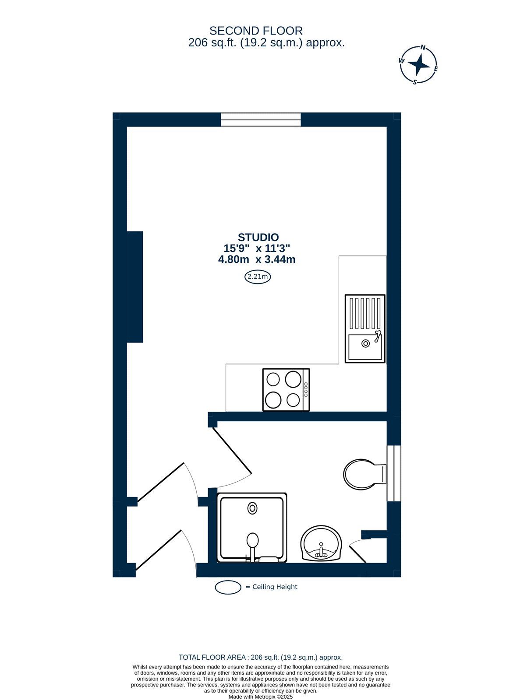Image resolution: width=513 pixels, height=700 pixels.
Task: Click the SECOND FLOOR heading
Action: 256,31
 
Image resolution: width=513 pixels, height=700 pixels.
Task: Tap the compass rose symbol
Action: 418,65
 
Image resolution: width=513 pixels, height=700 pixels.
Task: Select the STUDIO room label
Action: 258,237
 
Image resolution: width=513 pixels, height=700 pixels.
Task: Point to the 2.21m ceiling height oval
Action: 257,276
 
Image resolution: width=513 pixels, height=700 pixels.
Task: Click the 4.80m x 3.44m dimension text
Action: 257,260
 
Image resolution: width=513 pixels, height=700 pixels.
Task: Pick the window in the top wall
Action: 261,120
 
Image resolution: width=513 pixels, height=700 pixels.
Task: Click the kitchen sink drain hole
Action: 365,343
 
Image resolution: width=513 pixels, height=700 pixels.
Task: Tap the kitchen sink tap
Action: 378,336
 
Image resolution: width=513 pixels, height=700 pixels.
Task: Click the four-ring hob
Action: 286,390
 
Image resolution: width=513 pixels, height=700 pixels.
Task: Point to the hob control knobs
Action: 306,390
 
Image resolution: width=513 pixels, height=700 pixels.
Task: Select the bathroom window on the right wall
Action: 394,473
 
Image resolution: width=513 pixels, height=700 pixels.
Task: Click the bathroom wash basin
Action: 321,542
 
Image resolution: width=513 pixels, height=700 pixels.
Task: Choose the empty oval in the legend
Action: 228,587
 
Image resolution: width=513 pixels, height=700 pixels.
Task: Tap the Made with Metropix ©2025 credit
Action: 261,696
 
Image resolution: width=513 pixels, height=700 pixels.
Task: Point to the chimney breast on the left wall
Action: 135,287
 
